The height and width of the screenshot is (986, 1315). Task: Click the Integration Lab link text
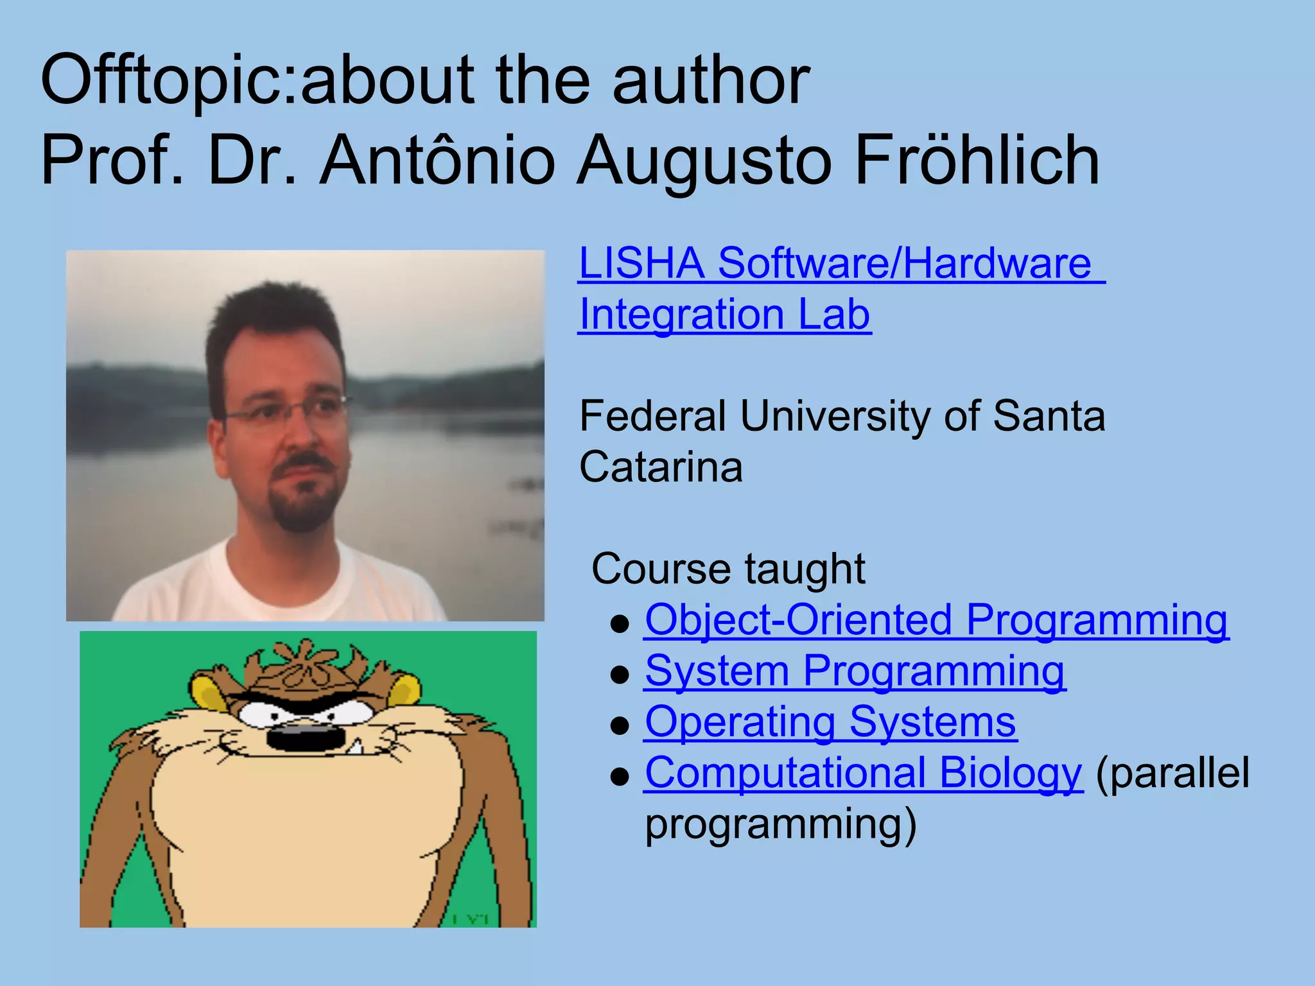pyautogui.click(x=724, y=315)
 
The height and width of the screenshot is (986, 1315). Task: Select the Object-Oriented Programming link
pyautogui.click(x=936, y=620)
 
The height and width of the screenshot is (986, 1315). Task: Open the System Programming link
pyautogui.click(x=854, y=671)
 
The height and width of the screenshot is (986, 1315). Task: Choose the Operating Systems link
pyautogui.click(x=830, y=722)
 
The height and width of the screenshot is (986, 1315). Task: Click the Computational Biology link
pyautogui.click(x=863, y=773)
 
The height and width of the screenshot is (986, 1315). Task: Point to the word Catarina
pyautogui.click(x=661, y=467)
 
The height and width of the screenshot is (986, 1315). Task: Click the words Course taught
pyautogui.click(x=728, y=569)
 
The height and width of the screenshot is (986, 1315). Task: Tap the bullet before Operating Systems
pyautogui.click(x=620, y=725)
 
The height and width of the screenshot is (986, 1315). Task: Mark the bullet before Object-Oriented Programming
pyautogui.click(x=620, y=623)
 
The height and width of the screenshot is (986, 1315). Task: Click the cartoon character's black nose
pyautogui.click(x=305, y=736)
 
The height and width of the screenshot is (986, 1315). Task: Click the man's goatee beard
pyautogui.click(x=302, y=507)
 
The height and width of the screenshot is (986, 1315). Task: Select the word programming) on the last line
pyautogui.click(x=780, y=825)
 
